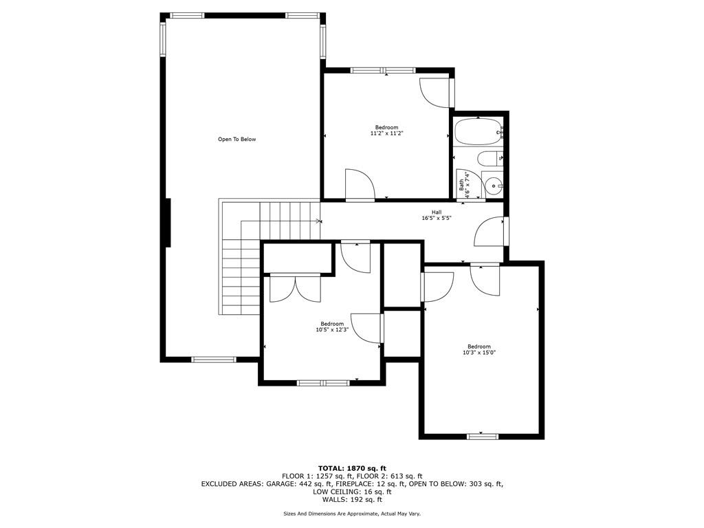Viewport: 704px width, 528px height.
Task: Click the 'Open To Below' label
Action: pos(236,139)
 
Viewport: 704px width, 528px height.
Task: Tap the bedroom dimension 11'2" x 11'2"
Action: pos(386,133)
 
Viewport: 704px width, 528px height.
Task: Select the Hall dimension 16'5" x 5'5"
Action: pos(436,218)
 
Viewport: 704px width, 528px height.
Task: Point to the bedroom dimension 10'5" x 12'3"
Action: pos(332,329)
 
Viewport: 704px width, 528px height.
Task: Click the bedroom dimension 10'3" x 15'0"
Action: pos(479,353)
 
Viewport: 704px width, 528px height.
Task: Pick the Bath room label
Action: pos(461,184)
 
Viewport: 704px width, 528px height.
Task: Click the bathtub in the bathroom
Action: pos(478,132)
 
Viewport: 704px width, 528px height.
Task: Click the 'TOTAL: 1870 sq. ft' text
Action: pos(352,469)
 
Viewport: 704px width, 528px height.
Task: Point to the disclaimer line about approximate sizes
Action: pos(352,514)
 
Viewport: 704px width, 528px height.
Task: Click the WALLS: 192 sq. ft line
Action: pos(352,499)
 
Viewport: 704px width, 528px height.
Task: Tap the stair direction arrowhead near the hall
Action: pos(319,221)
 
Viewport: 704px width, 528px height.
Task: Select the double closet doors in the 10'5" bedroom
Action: pos(295,288)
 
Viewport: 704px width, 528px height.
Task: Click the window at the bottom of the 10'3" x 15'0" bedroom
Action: pos(483,437)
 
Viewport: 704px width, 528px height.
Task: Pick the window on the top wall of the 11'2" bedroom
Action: pos(383,70)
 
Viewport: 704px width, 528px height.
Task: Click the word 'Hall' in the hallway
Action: pos(437,212)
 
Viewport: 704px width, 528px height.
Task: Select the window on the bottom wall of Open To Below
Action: pos(214,359)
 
